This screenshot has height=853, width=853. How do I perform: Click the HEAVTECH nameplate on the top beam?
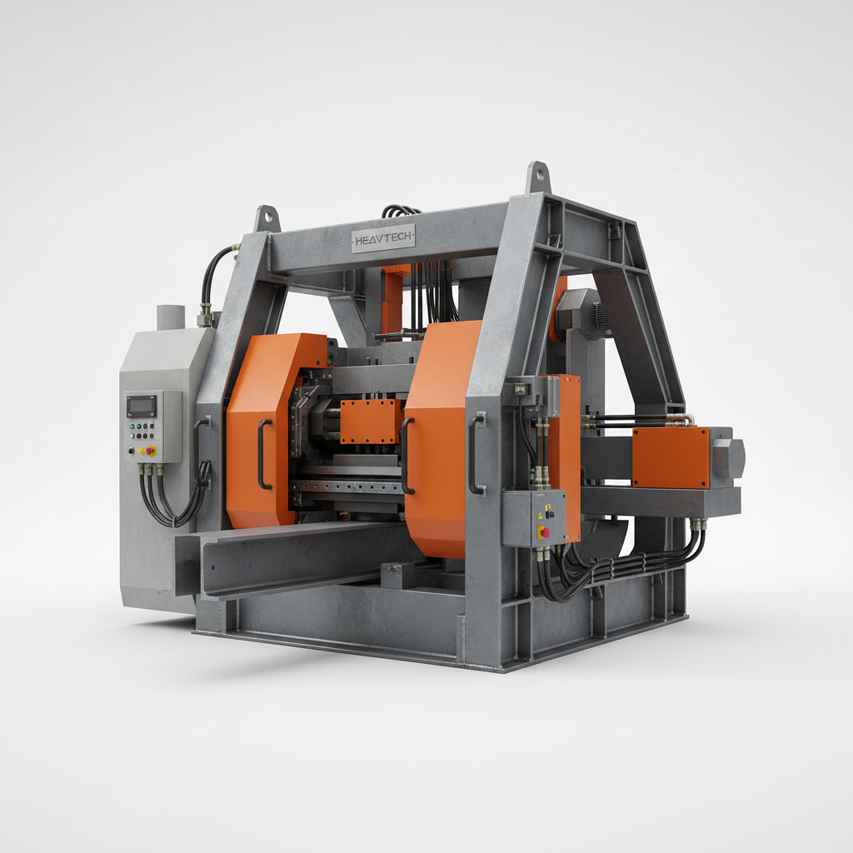(383, 238)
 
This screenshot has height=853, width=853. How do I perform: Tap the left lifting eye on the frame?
(267, 218)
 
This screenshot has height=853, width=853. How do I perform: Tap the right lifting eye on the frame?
(538, 177)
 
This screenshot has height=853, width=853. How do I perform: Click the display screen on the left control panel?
(141, 406)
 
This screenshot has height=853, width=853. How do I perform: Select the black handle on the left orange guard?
(262, 454)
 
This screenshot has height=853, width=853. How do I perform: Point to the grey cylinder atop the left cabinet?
(170, 317)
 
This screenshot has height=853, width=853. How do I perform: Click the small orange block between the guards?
(372, 421)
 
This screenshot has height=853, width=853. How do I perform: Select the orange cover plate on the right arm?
(671, 456)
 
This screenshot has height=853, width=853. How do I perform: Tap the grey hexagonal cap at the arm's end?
(729, 457)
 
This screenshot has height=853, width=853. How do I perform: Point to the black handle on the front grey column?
(476, 454)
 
